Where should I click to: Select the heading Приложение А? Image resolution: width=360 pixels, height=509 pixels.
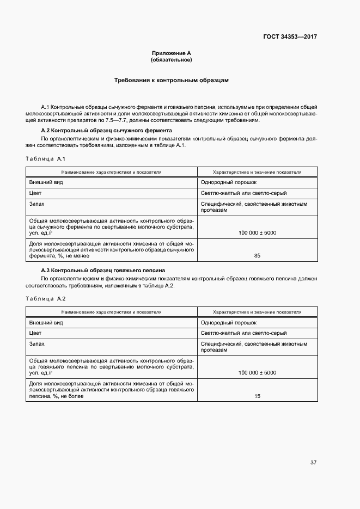point(172,53)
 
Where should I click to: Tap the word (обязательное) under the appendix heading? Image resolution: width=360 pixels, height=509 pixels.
point(172,59)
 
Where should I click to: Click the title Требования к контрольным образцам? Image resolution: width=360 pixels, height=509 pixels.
point(171,80)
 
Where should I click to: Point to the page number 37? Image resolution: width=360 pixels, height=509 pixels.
point(313,463)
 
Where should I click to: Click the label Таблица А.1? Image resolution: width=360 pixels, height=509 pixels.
point(46,158)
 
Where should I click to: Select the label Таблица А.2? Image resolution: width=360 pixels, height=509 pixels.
point(46,299)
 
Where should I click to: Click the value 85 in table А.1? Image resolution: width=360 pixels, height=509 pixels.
point(257,255)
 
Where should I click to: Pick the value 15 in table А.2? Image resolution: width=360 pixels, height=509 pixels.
point(257,396)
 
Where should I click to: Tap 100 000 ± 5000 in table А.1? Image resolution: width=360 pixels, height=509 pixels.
point(257,232)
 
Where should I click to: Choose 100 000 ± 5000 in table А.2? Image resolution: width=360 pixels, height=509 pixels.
point(257,373)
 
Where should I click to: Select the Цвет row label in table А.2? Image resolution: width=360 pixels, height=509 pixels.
point(35,333)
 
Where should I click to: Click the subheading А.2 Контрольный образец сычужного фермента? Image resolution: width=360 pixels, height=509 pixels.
point(107,131)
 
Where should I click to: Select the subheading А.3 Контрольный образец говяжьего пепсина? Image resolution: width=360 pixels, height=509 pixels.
point(103,271)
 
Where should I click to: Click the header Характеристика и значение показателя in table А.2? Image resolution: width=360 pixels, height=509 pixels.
point(257,312)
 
